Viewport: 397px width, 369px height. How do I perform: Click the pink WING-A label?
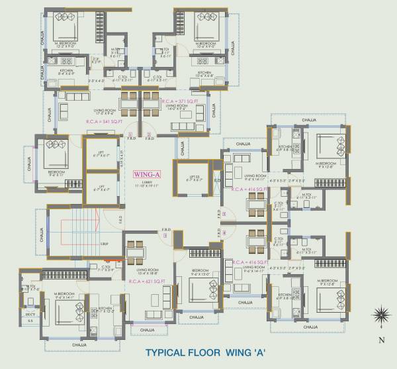tap(144, 174)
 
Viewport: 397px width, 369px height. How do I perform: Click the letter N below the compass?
tap(381, 340)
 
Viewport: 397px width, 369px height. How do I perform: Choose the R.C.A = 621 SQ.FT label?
tap(146, 282)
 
